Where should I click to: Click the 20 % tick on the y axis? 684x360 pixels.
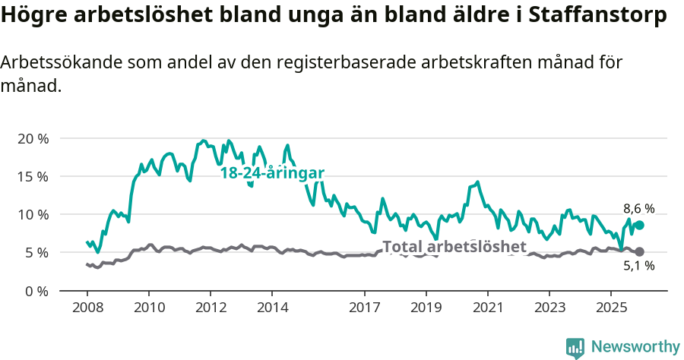pos(32,138)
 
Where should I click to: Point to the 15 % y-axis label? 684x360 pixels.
pos(32,176)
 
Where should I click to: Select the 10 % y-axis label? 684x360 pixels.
pos(32,214)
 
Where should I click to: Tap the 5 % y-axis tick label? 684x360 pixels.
pos(35,252)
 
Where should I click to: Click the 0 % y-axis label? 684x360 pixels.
pos(35,290)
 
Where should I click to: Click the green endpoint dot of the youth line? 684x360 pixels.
pos(640,225)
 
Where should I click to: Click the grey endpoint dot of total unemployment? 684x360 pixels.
pos(640,251)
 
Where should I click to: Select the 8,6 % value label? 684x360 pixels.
pos(638,208)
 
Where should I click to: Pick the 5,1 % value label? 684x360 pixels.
pos(638,266)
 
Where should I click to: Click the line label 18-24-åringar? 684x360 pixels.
pos(272,173)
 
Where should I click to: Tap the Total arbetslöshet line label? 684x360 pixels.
pos(454,246)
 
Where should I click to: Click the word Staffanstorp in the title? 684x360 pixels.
pos(593,17)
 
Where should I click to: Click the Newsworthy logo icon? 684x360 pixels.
pos(575,348)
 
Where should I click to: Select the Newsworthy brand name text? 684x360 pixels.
pos(635,347)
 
